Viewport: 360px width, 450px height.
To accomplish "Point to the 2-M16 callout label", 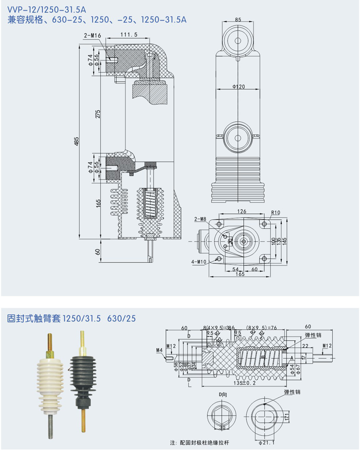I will tap(92, 35).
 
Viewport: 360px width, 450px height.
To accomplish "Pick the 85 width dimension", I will tap(239, 20).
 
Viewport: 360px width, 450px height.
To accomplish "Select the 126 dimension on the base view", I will tap(242, 212).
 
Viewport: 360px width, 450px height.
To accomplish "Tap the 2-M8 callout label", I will tap(200, 219).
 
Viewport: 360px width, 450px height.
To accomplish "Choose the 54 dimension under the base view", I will tap(236, 270).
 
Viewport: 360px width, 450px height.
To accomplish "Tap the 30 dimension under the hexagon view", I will tap(222, 427).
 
